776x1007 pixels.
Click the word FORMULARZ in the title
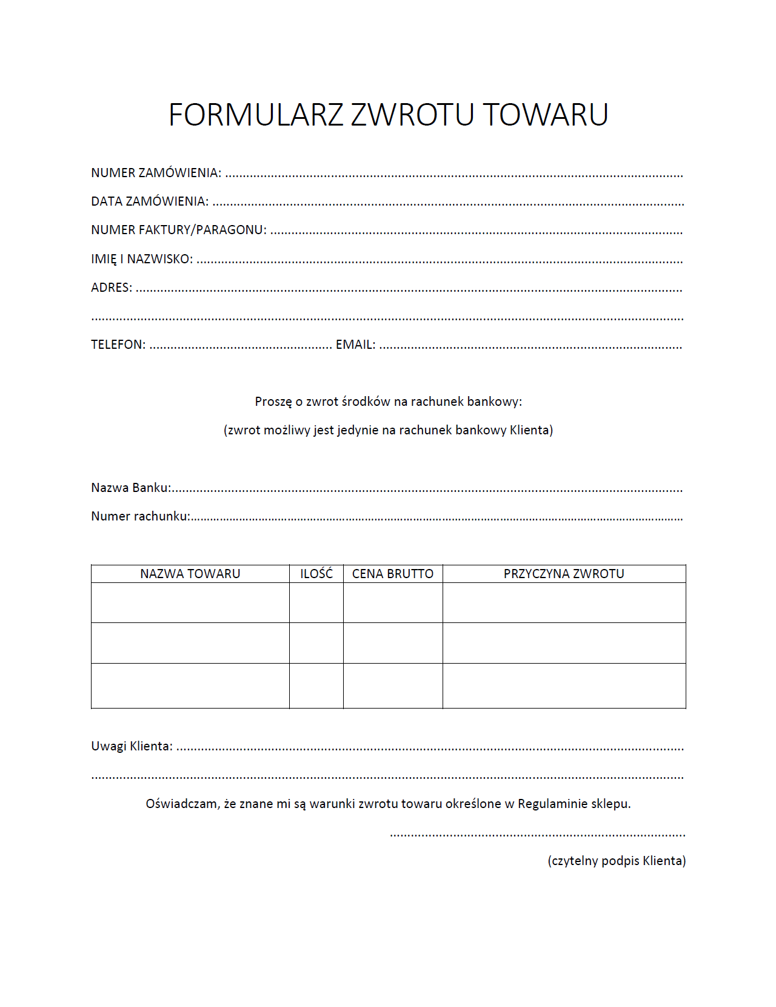pos(256,115)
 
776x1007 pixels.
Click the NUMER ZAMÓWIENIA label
pos(156,173)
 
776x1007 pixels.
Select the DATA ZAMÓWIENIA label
pos(150,201)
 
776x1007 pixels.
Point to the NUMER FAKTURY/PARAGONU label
pos(179,230)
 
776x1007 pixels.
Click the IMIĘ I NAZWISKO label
pos(142,259)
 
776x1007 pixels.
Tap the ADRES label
pos(112,288)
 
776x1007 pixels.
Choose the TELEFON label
pos(118,345)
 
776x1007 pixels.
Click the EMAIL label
pos(355,345)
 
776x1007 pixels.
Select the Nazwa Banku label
pos(131,488)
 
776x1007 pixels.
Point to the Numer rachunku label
pos(140,516)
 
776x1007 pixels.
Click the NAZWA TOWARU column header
pos(190,574)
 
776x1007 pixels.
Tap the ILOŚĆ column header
pos(316,574)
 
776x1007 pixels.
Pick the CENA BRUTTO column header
pos(393,574)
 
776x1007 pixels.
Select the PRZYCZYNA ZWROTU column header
pos(564,574)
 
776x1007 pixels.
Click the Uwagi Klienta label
pos(132,746)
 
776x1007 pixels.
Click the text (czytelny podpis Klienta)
pos(617,861)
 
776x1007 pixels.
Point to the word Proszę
pos(273,402)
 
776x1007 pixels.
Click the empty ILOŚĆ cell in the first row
pos(316,603)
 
